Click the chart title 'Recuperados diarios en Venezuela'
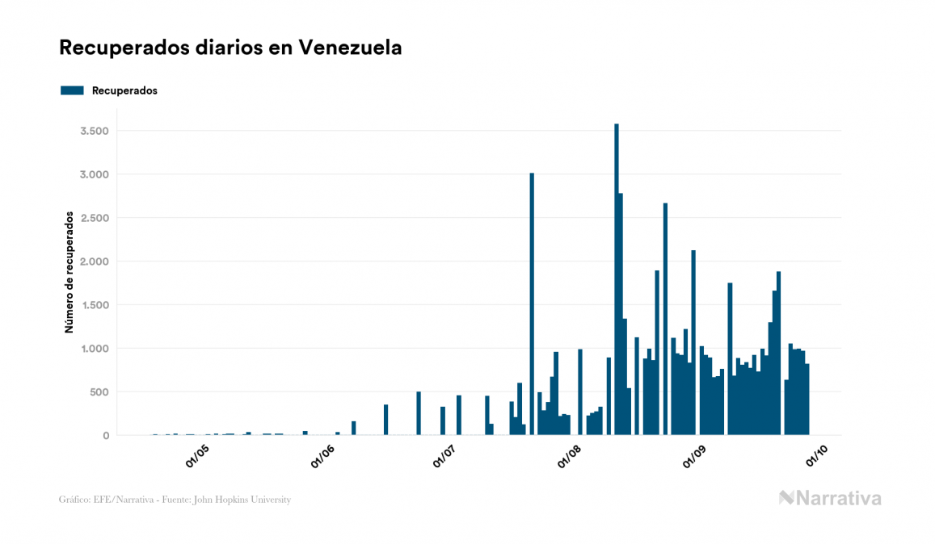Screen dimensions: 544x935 230,48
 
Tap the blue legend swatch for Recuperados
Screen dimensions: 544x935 72,90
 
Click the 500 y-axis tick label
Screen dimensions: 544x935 99,392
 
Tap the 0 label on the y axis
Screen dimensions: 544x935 105,436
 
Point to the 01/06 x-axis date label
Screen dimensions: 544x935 322,457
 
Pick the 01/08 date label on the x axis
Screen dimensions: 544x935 570,457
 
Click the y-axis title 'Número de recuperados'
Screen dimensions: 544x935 69,273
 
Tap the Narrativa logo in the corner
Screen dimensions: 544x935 830,498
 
